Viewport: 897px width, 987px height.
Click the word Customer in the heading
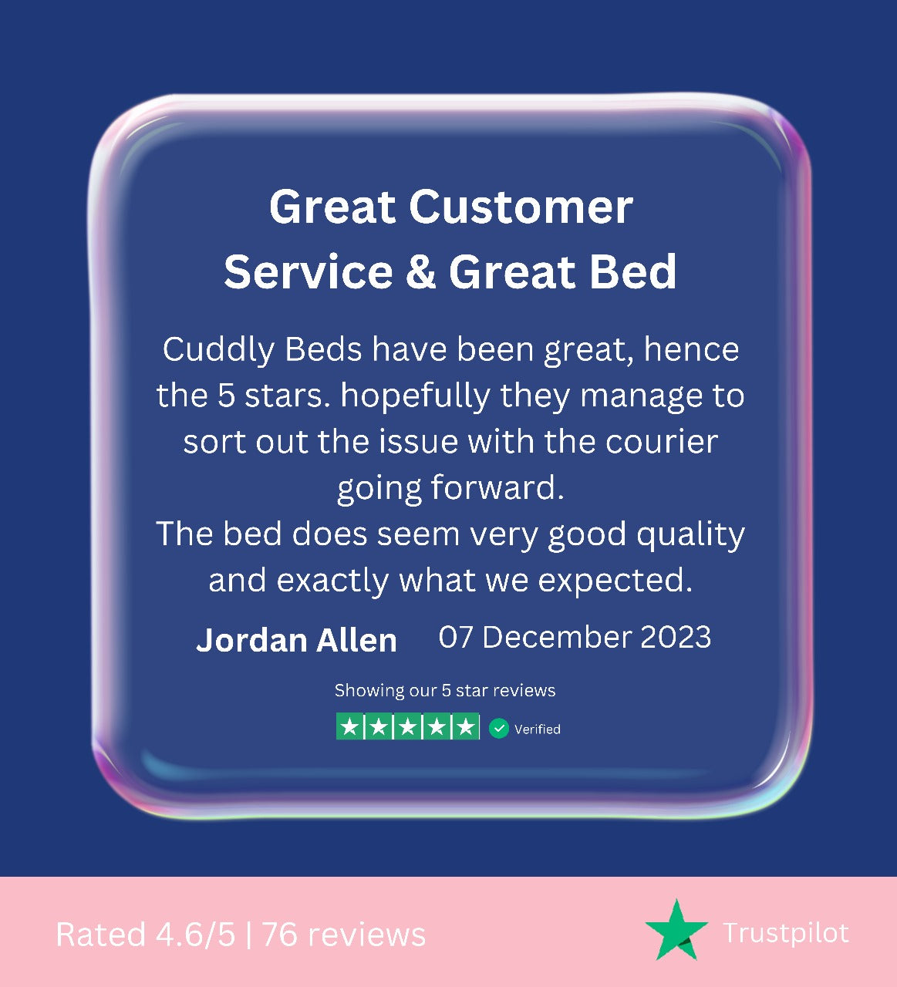point(521,207)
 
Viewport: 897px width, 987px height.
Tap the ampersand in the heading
point(420,272)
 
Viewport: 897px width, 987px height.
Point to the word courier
point(661,441)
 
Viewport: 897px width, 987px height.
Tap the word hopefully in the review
point(416,396)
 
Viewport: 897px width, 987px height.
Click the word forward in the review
point(497,487)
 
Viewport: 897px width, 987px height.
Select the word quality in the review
point(690,535)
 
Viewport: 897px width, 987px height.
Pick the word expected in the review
point(615,581)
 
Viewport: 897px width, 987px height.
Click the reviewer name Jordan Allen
point(296,641)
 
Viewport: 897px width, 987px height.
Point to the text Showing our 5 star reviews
point(445,691)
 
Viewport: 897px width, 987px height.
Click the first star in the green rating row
point(349,726)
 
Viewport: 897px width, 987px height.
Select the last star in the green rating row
point(466,726)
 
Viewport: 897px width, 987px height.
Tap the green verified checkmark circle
point(499,728)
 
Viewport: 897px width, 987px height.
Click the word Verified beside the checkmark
point(538,729)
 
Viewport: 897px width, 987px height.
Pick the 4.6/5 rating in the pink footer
point(195,935)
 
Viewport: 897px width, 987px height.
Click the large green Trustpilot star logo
point(676,929)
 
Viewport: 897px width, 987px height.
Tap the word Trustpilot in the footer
point(786,933)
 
